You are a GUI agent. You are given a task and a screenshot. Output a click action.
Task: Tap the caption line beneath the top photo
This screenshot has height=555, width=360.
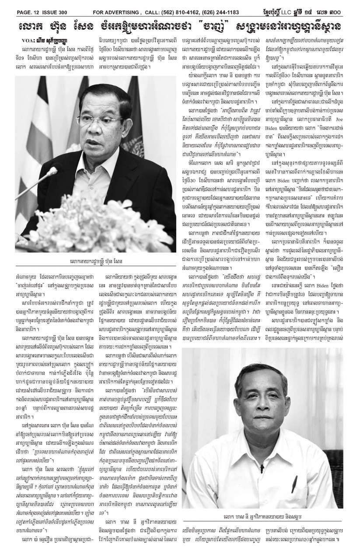click(95, 262)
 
